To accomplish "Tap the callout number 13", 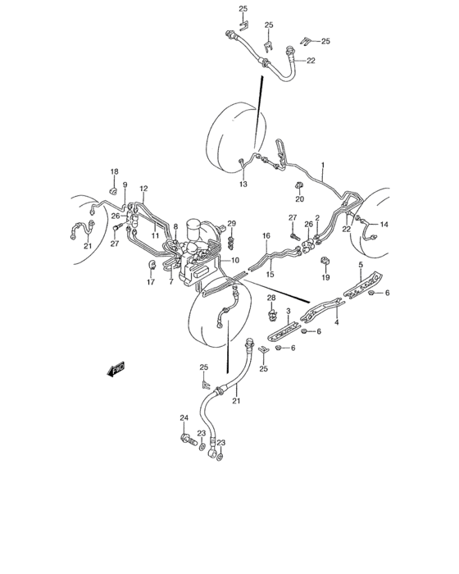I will (243, 185).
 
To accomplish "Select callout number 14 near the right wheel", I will (384, 224).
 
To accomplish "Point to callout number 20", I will (299, 199).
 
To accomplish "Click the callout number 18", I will (115, 171).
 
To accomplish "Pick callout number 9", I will (125, 185).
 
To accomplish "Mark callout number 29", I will (232, 224).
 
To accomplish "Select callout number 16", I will (266, 236).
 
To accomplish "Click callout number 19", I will (325, 278).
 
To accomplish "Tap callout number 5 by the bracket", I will (361, 264).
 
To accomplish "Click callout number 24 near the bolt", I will (184, 418).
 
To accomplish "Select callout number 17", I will (151, 283).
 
